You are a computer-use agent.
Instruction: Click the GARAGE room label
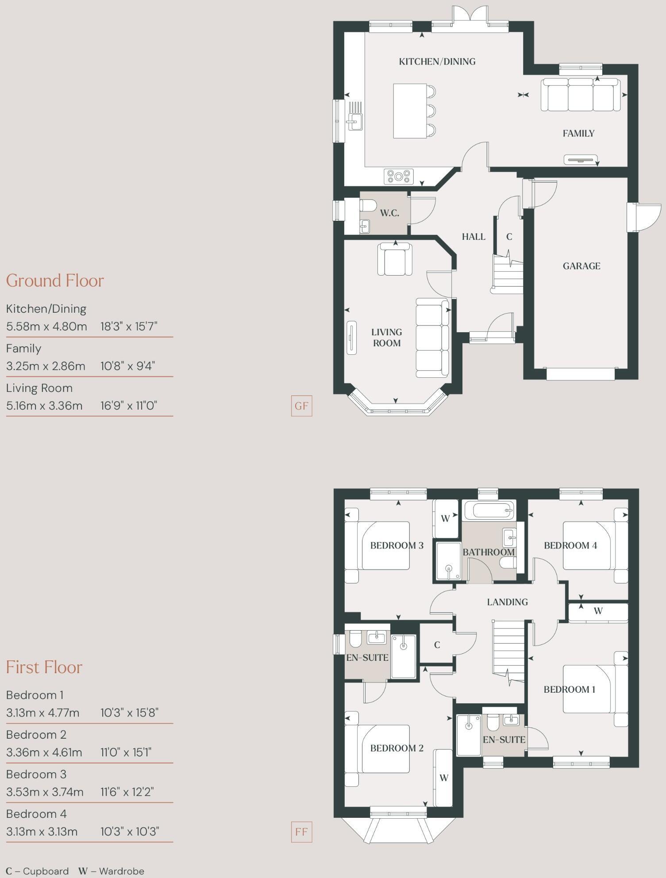click(x=581, y=266)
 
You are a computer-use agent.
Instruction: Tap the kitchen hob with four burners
click(x=399, y=176)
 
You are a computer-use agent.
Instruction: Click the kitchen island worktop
click(x=410, y=111)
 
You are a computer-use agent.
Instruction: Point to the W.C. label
click(x=389, y=213)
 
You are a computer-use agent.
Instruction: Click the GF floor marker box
click(x=301, y=406)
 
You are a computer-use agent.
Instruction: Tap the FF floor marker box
click(x=301, y=832)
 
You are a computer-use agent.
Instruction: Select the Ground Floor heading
click(x=55, y=281)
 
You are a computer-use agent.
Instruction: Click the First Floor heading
click(x=44, y=667)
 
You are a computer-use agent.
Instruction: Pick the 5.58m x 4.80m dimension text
click(x=46, y=326)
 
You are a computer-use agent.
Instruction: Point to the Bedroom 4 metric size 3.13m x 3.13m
click(x=42, y=832)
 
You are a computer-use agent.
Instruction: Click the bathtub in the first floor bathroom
click(x=489, y=510)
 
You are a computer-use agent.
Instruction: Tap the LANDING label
click(x=507, y=602)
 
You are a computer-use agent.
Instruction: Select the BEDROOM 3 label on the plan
click(x=397, y=545)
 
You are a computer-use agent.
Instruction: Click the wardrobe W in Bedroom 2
click(x=444, y=778)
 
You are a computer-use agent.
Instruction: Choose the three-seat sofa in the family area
click(x=580, y=94)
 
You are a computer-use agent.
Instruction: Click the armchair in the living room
click(x=395, y=260)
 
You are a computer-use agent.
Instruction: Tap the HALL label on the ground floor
click(x=474, y=237)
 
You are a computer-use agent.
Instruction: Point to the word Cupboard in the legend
click(x=46, y=871)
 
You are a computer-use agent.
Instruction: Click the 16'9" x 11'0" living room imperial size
click(x=129, y=406)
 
